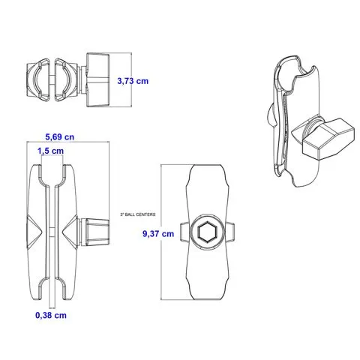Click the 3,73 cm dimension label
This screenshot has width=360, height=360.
pyautogui.click(x=133, y=81)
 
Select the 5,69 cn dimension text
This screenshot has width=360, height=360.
pyautogui.click(x=59, y=137)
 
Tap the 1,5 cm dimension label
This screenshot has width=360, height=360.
pyautogui.click(x=50, y=151)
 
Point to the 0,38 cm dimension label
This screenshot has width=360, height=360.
pyautogui.click(x=51, y=315)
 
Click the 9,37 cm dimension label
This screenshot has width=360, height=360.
pyautogui.click(x=158, y=234)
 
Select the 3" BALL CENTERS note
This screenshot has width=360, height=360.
pyautogui.click(x=138, y=214)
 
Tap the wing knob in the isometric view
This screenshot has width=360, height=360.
pyautogui.click(x=324, y=139)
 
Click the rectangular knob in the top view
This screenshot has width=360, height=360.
pyautogui.click(x=97, y=80)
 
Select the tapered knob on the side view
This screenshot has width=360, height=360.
pyautogui.click(x=96, y=232)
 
